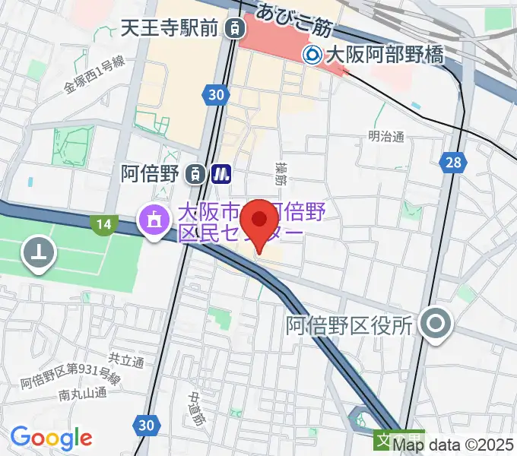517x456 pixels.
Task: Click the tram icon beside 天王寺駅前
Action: coord(236,29)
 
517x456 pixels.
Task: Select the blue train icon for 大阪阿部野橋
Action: coord(312,54)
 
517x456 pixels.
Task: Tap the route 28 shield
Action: coord(453,162)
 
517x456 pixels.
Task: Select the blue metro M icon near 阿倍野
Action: coord(222,173)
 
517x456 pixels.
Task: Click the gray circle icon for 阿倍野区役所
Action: coord(436,326)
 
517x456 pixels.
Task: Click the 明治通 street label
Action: coord(385,137)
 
